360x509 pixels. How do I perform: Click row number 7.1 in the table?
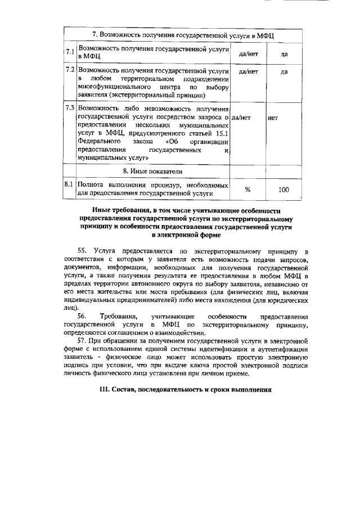pyautogui.click(x=70, y=52)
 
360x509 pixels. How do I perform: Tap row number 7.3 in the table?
pyautogui.click(x=70, y=107)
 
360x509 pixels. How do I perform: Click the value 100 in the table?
pyautogui.click(x=284, y=190)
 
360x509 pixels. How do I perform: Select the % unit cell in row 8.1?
pyautogui.click(x=247, y=190)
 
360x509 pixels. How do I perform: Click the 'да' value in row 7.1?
pyautogui.click(x=284, y=54)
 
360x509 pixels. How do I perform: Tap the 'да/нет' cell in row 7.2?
pyautogui.click(x=248, y=72)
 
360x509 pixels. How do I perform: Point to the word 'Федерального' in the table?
pyautogui.click(x=99, y=142)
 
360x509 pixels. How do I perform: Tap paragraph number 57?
pyautogui.click(x=83, y=341)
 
